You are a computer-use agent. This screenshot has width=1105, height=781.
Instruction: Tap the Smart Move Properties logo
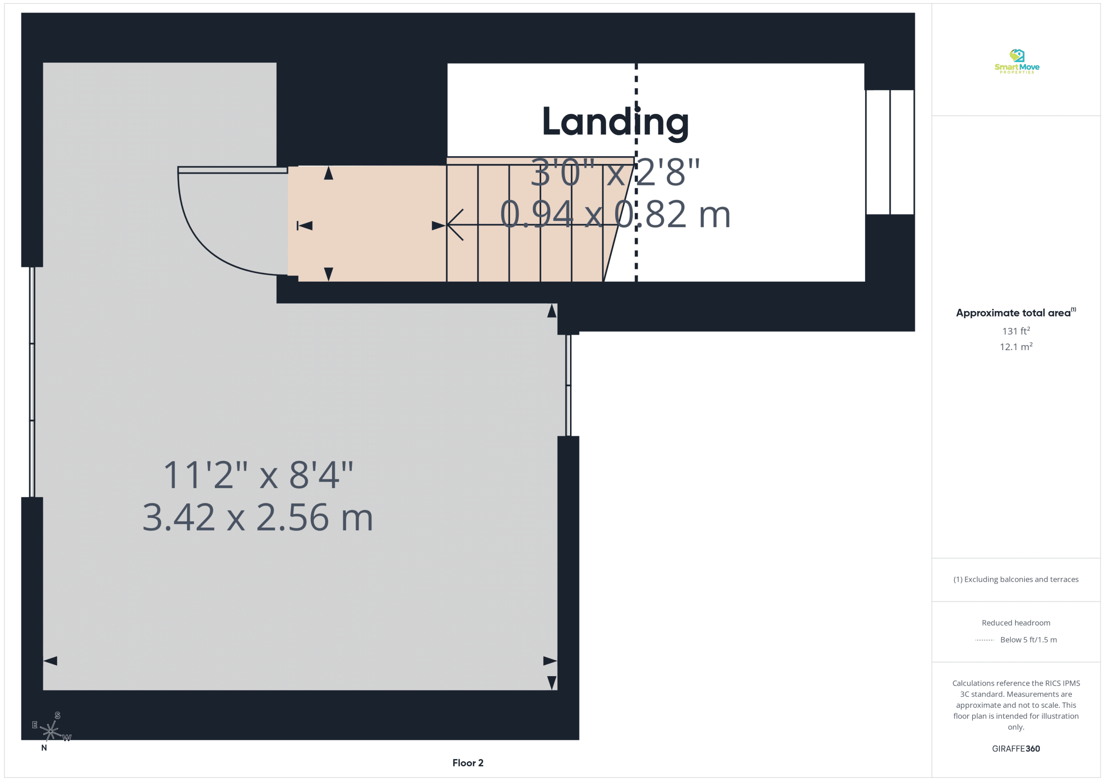1017,62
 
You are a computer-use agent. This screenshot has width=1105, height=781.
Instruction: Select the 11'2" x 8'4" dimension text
259,475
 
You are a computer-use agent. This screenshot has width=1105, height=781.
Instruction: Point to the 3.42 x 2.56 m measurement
258,518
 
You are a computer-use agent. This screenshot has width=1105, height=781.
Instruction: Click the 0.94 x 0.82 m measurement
615,214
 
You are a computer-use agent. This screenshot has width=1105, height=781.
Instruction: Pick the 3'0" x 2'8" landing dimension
615,172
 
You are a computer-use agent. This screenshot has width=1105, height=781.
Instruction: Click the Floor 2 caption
468,763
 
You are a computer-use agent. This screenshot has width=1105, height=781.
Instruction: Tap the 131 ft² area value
1016,331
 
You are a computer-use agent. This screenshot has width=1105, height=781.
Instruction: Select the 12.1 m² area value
1016,346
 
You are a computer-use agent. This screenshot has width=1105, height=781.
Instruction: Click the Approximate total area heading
1016,313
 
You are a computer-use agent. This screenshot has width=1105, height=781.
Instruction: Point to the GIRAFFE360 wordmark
1016,749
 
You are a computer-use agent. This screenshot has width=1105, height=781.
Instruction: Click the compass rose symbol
51,731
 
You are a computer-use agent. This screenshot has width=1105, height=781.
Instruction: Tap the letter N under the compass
44,748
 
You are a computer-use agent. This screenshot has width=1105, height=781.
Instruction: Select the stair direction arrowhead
455,225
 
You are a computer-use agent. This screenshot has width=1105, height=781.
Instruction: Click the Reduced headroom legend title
1016,623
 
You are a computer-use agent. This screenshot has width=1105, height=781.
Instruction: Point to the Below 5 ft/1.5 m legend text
1029,640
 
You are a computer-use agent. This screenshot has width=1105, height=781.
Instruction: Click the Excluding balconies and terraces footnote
1016,580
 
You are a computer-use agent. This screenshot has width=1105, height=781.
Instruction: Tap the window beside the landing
890,152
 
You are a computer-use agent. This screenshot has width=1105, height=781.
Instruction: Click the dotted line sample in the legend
984,640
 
